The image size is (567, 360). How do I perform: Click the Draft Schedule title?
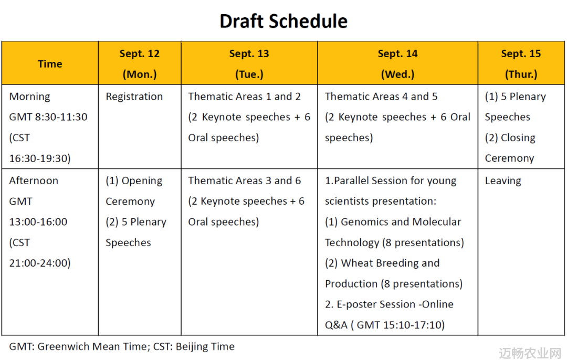click(283, 21)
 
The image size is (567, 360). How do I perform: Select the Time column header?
click(50, 63)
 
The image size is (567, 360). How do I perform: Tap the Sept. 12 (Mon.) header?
click(140, 63)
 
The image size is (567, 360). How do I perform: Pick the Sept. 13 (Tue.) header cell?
click(249, 63)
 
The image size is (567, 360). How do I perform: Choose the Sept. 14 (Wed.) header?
click(398, 63)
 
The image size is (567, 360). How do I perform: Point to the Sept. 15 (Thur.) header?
click(521, 63)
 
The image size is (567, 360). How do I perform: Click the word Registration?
click(134, 97)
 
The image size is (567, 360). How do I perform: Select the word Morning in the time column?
click(29, 97)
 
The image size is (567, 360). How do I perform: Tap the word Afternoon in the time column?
click(34, 181)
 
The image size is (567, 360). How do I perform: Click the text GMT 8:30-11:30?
click(48, 117)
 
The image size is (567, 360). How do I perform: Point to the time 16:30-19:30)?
click(40, 158)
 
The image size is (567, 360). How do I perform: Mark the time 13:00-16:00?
click(38, 222)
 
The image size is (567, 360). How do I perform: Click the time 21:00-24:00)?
click(40, 263)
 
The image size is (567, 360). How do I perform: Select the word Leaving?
click(503, 181)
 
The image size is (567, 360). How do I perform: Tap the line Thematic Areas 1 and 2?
click(244, 97)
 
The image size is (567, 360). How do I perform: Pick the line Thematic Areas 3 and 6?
click(244, 181)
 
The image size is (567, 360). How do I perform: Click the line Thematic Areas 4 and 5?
click(381, 97)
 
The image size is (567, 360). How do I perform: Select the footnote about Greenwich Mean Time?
click(122, 347)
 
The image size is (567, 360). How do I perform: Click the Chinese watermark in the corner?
click(530, 353)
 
